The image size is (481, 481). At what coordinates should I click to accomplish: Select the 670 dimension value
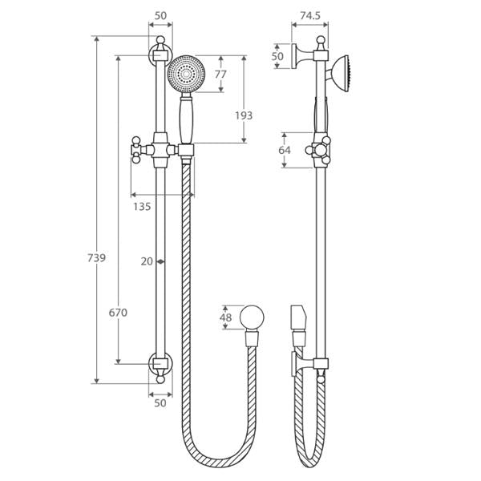118,313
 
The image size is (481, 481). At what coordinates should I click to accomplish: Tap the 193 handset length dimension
244,115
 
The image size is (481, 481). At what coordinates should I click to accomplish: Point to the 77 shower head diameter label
220,75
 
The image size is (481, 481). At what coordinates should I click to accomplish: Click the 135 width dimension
141,207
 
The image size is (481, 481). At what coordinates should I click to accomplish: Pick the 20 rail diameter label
146,261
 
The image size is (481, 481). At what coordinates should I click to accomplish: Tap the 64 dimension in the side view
285,149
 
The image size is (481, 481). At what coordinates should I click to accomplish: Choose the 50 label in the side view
277,56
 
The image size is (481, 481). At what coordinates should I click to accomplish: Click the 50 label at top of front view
160,14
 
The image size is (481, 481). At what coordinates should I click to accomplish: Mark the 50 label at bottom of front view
160,403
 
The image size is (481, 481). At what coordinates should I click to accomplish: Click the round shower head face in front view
188,74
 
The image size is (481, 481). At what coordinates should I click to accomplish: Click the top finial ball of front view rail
160,40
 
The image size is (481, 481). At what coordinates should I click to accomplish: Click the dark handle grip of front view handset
188,120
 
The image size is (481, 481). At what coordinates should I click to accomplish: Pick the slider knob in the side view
317,150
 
